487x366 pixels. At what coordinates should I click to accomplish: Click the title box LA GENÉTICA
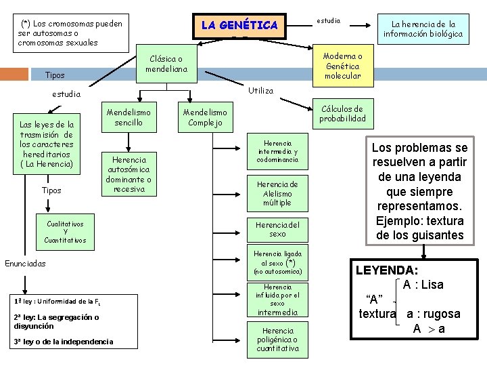point(239,25)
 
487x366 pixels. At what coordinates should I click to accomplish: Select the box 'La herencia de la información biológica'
point(423,28)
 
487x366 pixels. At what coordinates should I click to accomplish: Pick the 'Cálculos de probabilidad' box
point(343,113)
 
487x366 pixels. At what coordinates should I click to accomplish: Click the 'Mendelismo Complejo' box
point(206,117)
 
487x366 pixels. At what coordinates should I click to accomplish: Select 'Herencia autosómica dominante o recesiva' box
point(129,173)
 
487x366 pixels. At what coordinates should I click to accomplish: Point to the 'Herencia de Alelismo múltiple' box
point(278,192)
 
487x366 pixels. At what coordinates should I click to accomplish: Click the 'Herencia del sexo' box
point(278,229)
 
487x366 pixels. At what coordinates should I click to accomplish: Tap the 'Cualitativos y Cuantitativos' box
point(66,231)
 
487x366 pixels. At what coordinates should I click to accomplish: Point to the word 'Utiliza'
point(261,90)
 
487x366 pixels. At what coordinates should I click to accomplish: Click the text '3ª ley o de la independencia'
point(63,342)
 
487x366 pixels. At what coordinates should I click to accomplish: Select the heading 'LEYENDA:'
point(386,270)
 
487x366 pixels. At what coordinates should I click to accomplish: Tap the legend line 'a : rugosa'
point(433,314)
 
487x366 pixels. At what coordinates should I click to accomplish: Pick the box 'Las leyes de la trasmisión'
point(47,144)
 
